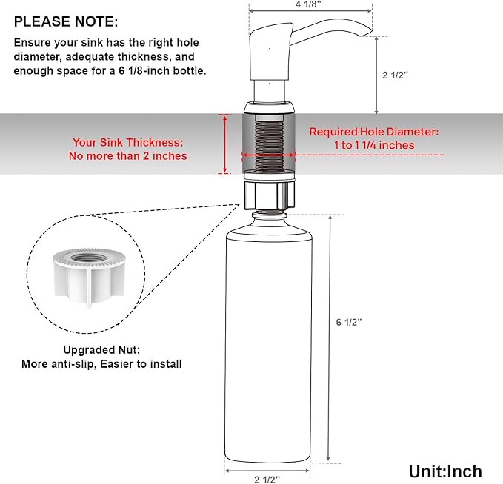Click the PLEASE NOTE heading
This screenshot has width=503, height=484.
pyautogui.click(x=65, y=23)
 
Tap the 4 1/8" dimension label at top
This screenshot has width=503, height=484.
pyautogui.click(x=310, y=5)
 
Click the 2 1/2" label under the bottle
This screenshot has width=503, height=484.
pyautogui.click(x=267, y=479)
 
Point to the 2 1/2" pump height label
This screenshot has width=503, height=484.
pyautogui.click(x=396, y=75)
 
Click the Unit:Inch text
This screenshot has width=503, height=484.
pyautogui.click(x=444, y=471)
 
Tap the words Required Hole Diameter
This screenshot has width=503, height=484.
pyautogui.click(x=373, y=132)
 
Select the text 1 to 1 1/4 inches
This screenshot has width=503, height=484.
pyautogui.click(x=373, y=145)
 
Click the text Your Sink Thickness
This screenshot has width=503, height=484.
pyautogui.click(x=127, y=142)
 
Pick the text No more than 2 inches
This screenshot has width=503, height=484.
pyautogui.click(x=127, y=155)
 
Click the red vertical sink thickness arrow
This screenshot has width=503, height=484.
pyautogui.click(x=224, y=144)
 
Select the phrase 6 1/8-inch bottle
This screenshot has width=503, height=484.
pyautogui.click(x=169, y=70)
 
